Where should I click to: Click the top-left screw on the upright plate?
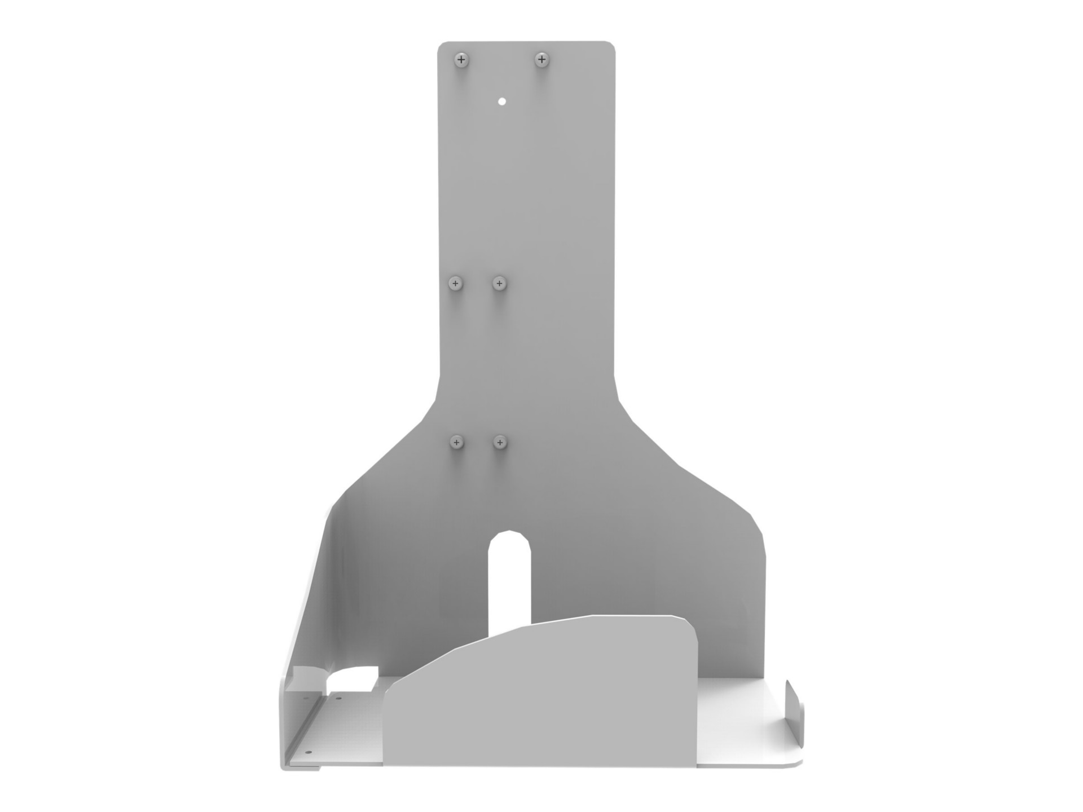[x=461, y=59]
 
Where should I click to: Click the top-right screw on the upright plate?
[x=541, y=59]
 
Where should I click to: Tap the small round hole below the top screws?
[x=502, y=101]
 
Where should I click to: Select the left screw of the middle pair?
[x=456, y=283]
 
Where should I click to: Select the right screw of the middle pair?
[x=499, y=283]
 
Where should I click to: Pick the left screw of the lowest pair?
[x=456, y=442]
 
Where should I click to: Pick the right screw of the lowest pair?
[x=500, y=442]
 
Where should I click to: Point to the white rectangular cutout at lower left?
[x=353, y=679]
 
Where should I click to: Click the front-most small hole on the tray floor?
[x=308, y=752]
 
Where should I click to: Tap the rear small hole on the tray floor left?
[x=338, y=698]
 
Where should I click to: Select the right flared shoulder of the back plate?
[x=694, y=468]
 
